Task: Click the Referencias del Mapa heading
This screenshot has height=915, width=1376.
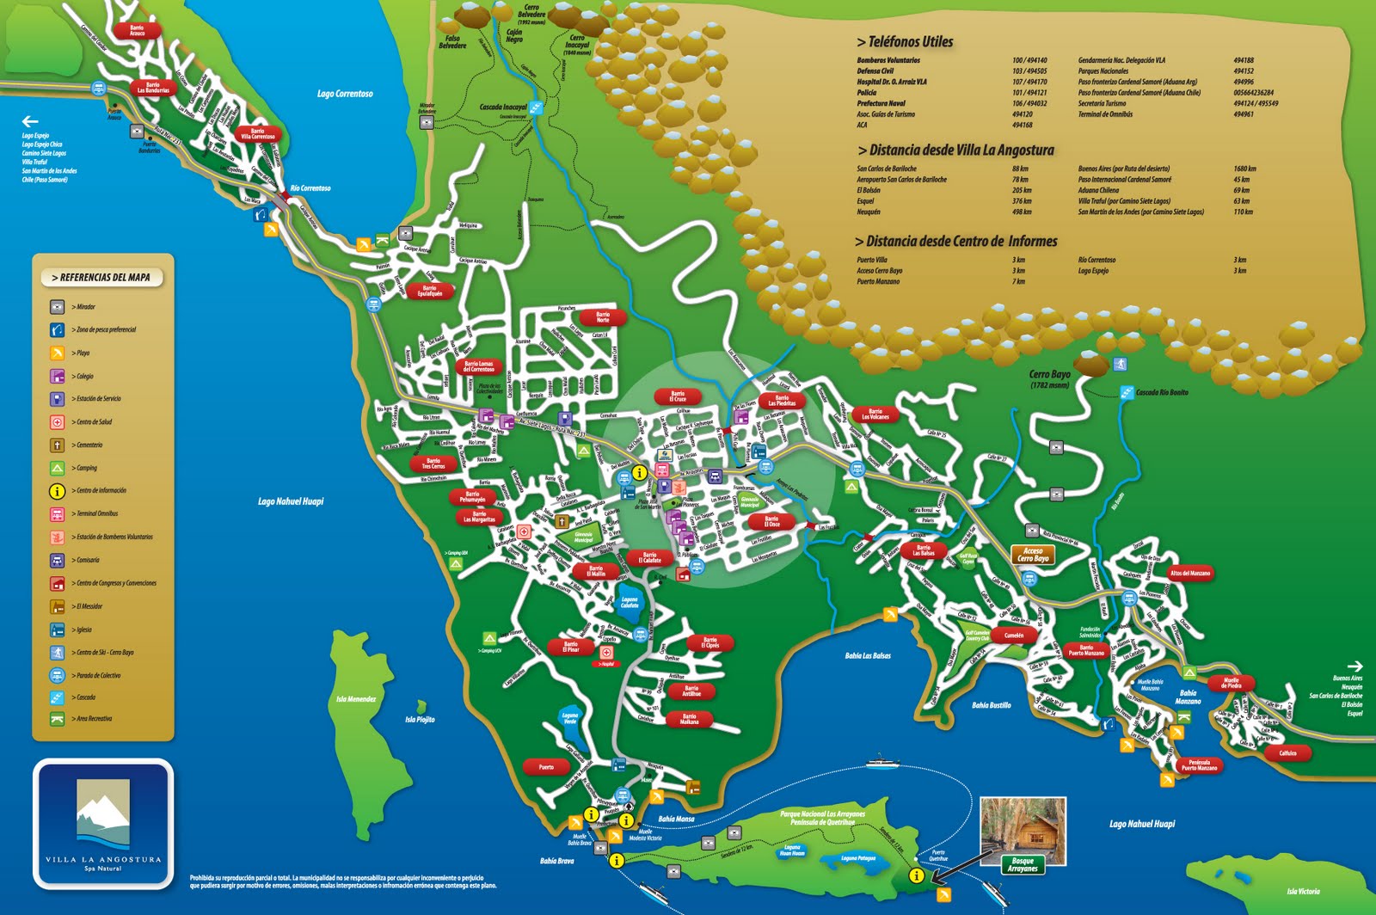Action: point(102,278)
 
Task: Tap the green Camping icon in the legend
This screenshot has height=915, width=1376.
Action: point(57,468)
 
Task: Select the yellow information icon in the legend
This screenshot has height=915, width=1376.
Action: point(57,491)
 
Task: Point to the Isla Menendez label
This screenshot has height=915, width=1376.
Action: point(356,699)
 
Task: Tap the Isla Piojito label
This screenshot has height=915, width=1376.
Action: point(420,720)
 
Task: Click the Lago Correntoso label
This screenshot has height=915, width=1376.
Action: point(345,94)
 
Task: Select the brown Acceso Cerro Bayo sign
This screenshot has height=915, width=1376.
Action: point(1033,555)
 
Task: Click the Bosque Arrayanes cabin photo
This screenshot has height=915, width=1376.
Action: point(1023,826)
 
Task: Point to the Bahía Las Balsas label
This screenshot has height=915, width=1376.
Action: point(868,656)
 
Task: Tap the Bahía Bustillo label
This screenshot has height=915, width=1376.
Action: point(991,705)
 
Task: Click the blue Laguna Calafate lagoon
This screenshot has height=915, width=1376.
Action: point(630,602)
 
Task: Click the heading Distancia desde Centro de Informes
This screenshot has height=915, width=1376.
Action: point(956,242)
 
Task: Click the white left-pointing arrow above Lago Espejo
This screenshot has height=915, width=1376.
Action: point(30,121)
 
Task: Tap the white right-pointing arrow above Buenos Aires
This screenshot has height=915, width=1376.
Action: point(1354,666)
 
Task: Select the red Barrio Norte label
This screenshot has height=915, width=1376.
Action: point(603,317)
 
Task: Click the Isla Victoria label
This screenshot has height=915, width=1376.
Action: point(1303,891)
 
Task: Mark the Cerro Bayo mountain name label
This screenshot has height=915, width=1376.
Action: point(1049,375)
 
